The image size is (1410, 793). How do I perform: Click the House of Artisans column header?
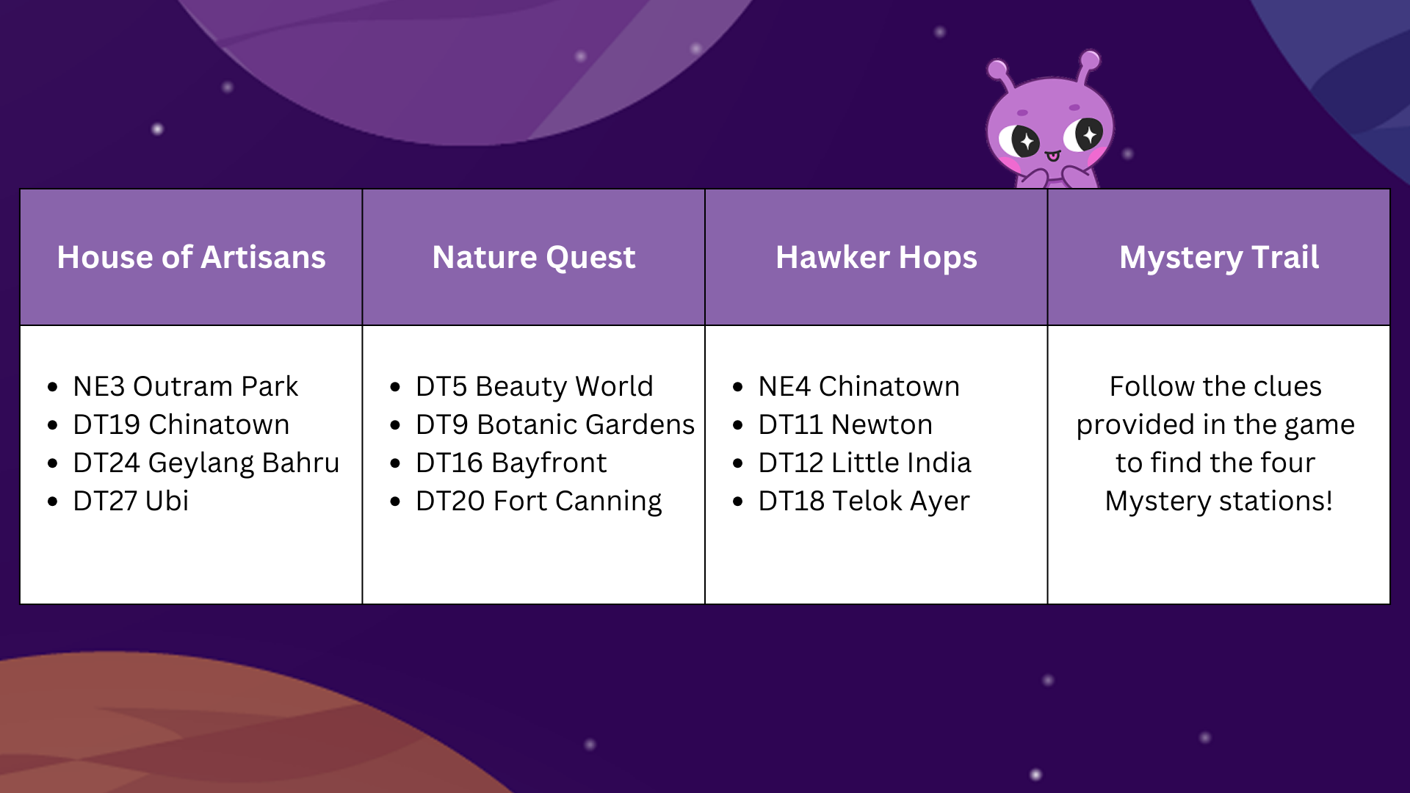click(x=191, y=257)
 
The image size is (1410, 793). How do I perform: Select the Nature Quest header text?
click(x=534, y=257)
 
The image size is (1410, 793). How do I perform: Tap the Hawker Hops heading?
click(x=876, y=257)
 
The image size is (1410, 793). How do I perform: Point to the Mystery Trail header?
click(x=1219, y=257)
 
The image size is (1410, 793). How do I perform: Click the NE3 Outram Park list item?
click(x=185, y=386)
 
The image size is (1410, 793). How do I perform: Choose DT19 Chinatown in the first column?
click(x=181, y=424)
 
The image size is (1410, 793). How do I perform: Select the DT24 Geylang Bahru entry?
click(x=206, y=463)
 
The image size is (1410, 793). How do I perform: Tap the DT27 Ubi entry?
click(x=131, y=501)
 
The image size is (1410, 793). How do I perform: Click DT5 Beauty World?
click(x=534, y=386)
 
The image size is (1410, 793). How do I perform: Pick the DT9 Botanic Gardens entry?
click(x=554, y=424)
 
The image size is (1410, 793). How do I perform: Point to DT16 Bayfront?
click(x=511, y=463)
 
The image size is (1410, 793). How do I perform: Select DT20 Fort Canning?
click(x=538, y=501)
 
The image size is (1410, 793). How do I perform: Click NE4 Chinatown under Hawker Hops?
click(x=858, y=386)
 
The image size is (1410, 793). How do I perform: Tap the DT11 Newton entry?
click(x=845, y=424)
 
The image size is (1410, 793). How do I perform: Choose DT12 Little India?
click(x=864, y=463)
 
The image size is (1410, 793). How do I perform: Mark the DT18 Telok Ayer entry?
click(x=864, y=501)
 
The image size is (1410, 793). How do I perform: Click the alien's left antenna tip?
click(x=997, y=70)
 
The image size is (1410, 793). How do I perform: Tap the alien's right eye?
click(x=1088, y=134)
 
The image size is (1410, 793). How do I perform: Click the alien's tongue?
click(x=1053, y=156)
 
